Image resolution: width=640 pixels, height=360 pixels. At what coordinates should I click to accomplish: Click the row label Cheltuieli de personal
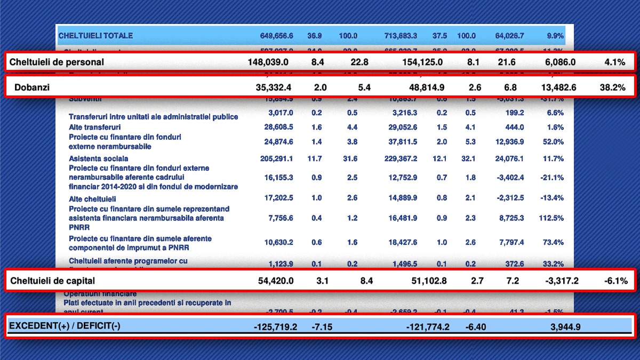(57, 62)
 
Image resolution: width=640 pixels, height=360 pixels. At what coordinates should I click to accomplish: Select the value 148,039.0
(268, 62)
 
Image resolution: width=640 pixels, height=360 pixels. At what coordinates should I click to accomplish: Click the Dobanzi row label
(31, 87)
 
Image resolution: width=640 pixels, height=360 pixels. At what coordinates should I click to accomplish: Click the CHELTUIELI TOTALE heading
(95, 36)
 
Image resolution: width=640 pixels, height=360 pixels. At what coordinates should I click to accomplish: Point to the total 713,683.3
(401, 36)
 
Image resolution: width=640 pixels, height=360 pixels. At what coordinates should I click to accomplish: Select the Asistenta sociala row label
(98, 158)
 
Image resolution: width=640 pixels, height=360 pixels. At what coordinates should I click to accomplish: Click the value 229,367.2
(401, 158)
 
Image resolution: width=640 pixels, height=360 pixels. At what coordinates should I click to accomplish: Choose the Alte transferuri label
(94, 127)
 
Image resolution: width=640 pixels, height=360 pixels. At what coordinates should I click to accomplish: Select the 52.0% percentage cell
(553, 141)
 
